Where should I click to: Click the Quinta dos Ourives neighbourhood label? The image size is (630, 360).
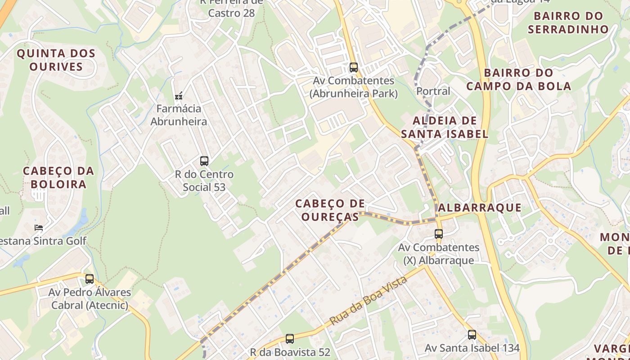56,60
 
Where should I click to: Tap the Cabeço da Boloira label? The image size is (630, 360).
58,177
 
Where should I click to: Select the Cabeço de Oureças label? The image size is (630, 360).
330,210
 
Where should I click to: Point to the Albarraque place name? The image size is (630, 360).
479,207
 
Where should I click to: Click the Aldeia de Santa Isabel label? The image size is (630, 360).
445,127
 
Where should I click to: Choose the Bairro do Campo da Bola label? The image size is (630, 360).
518,79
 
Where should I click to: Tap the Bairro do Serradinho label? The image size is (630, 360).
568,22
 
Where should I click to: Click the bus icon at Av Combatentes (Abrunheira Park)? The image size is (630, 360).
354,67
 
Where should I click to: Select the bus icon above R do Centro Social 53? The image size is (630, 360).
204,161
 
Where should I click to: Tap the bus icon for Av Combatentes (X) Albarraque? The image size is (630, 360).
439,234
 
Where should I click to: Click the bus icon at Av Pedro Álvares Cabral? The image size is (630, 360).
90,279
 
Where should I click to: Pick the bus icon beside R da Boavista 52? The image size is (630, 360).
290,338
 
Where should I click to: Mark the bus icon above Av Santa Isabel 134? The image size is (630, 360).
472,335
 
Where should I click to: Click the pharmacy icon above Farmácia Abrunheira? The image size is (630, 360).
179,95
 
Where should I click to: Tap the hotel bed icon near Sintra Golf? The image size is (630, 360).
39,228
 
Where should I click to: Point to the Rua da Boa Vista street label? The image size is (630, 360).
369,301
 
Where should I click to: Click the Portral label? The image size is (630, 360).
433,91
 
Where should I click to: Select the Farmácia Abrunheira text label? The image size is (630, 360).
179,115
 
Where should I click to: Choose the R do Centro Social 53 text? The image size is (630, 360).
204,180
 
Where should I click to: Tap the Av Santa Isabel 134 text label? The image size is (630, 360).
472,348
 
